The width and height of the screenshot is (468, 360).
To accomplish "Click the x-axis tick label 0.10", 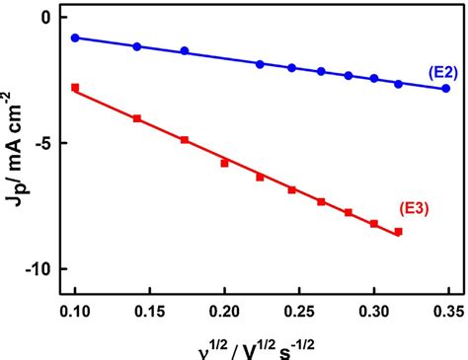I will (75, 309).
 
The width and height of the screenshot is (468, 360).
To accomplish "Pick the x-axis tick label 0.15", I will (150, 309).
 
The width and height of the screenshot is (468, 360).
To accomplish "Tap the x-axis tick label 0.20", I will (224, 309).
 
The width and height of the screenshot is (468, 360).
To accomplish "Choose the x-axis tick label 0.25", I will (299, 309).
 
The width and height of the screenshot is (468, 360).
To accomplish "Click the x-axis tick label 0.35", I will (446, 309).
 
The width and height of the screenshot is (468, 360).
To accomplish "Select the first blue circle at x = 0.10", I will (75, 37).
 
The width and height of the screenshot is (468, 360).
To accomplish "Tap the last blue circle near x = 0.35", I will (446, 88).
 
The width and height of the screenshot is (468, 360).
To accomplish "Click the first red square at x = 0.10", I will (75, 88).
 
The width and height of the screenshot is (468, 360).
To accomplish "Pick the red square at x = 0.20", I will (224, 163).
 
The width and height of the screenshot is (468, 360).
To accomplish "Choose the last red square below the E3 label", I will (399, 232).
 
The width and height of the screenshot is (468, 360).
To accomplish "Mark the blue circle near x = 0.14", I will (137, 46).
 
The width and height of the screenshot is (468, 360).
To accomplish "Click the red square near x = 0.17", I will (185, 140).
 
